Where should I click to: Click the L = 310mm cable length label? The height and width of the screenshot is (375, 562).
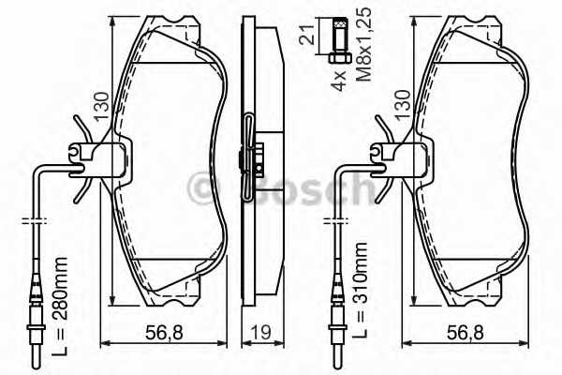click(360, 290)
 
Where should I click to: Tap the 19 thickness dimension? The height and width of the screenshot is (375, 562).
click(261, 333)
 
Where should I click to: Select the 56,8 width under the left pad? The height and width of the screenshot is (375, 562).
click(164, 333)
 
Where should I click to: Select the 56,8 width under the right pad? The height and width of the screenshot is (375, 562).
click(466, 333)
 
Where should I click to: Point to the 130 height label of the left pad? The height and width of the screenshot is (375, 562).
click(101, 106)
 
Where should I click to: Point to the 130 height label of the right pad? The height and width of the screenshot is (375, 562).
click(402, 104)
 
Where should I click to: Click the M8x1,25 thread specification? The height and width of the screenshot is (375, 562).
click(363, 44)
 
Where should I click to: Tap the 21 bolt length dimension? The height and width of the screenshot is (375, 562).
click(307, 35)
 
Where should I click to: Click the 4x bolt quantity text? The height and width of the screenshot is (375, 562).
click(338, 80)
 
